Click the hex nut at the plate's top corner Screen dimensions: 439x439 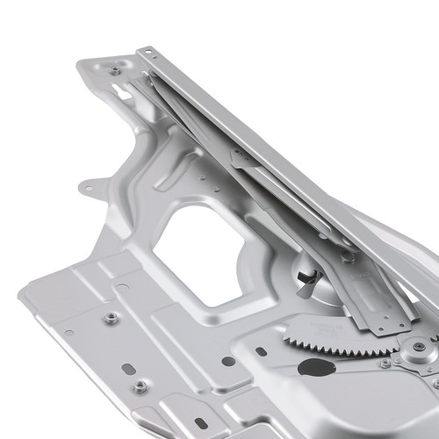click(x=115, y=69)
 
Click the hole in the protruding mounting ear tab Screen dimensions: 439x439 click(x=88, y=187)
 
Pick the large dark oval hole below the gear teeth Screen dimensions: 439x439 click(x=316, y=367)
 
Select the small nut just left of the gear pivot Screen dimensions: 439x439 click(x=385, y=363)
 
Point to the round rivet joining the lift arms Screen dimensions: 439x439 click(x=349, y=256)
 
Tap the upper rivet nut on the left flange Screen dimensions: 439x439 click(x=111, y=319)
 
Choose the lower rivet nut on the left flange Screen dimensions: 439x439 click(x=140, y=386)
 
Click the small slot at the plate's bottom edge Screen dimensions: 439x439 click(x=201, y=424)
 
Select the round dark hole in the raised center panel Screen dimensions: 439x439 click(x=227, y=361)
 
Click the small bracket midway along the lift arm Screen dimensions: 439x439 click(x=242, y=158)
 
